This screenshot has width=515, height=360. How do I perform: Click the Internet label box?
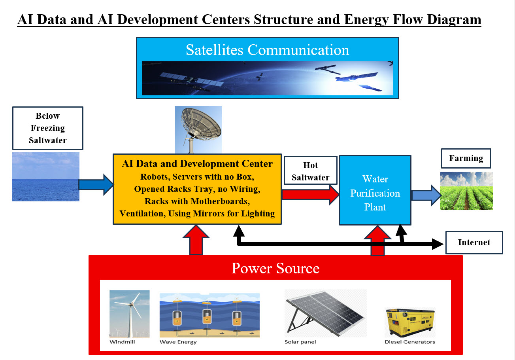pyautogui.click(x=474, y=243)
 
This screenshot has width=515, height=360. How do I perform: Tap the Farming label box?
pyautogui.click(x=466, y=158)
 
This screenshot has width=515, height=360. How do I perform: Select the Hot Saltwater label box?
pyautogui.click(x=310, y=171)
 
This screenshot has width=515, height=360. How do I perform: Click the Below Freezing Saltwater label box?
pyautogui.click(x=47, y=128)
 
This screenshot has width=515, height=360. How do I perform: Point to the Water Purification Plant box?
pyautogui.click(x=375, y=190)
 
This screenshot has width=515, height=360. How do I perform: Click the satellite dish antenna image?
pyautogui.click(x=198, y=129)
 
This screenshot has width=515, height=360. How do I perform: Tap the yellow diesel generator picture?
pyautogui.click(x=410, y=322)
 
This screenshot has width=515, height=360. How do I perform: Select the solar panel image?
pyautogui.click(x=325, y=313)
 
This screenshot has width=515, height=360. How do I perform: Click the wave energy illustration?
pyautogui.click(x=209, y=315)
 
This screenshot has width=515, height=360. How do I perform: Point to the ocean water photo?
pyautogui.click(x=45, y=177)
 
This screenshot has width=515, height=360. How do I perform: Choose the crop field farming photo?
pyautogui.click(x=466, y=190)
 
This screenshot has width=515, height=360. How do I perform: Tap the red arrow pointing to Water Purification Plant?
pyautogui.click(x=310, y=194)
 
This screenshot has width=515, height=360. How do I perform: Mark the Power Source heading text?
pyautogui.click(x=275, y=268)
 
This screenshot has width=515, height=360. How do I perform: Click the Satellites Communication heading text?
pyautogui.click(x=267, y=50)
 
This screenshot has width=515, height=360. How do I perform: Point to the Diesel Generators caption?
pyautogui.click(x=409, y=342)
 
